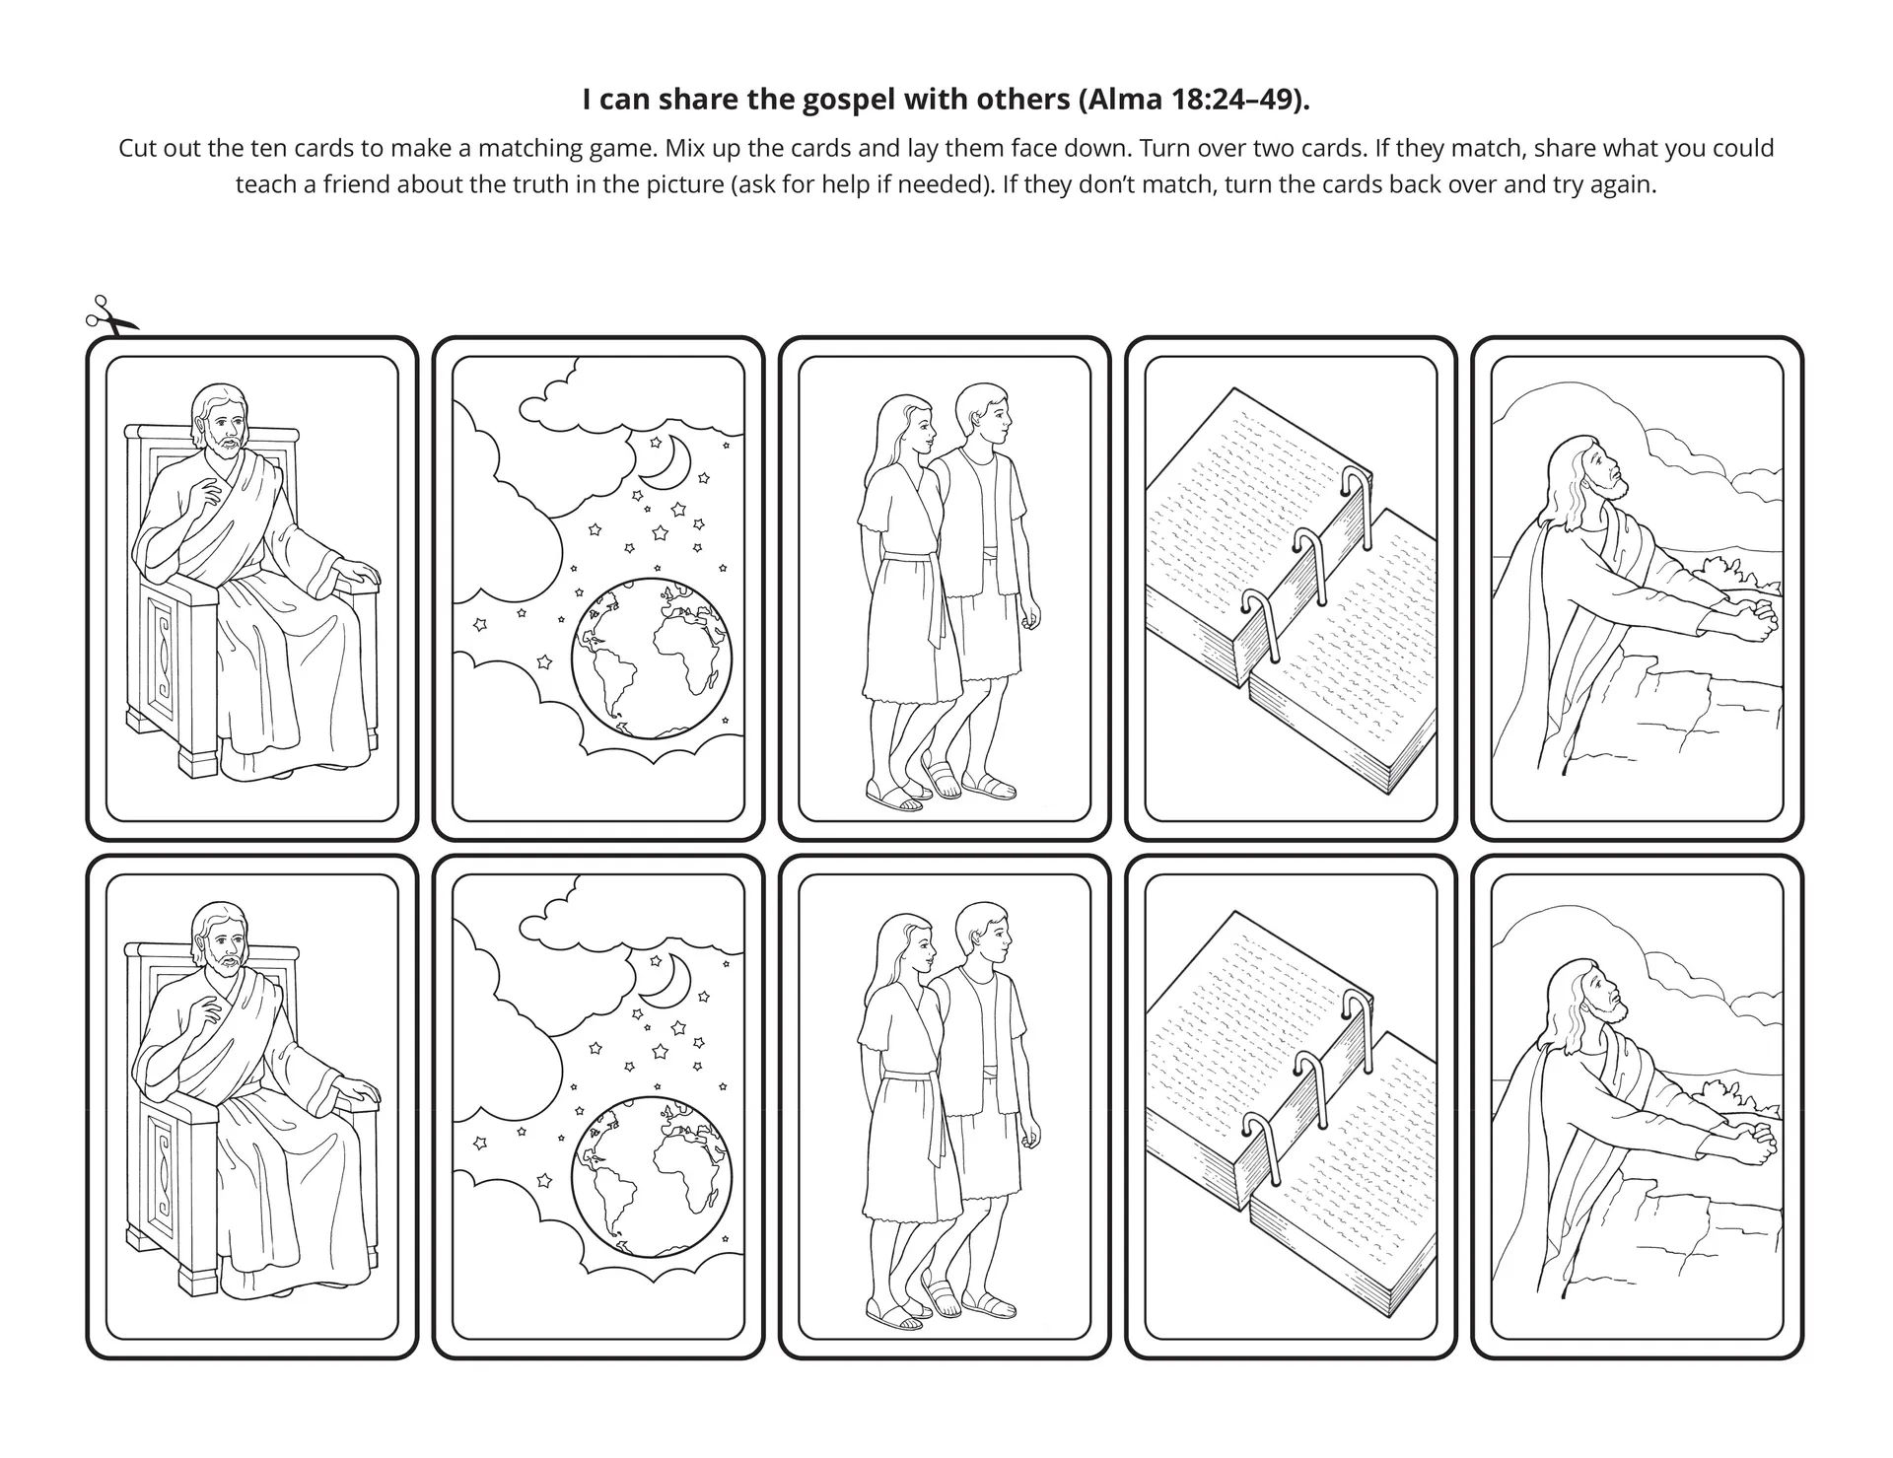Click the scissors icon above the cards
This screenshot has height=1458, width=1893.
click(x=110, y=316)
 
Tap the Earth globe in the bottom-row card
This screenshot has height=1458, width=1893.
click(x=652, y=1176)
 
